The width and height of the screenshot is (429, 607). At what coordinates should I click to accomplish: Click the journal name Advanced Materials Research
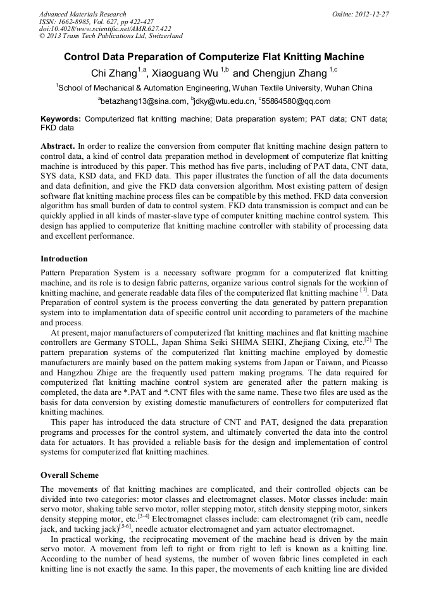click(82, 14)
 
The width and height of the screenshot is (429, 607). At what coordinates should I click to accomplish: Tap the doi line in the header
click(105, 29)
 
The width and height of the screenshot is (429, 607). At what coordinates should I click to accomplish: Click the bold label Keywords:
click(61, 119)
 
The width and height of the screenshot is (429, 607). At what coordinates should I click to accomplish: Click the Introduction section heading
click(64, 259)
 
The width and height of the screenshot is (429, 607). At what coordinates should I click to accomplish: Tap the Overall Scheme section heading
click(70, 475)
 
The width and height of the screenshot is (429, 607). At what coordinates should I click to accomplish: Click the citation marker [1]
click(364, 291)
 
